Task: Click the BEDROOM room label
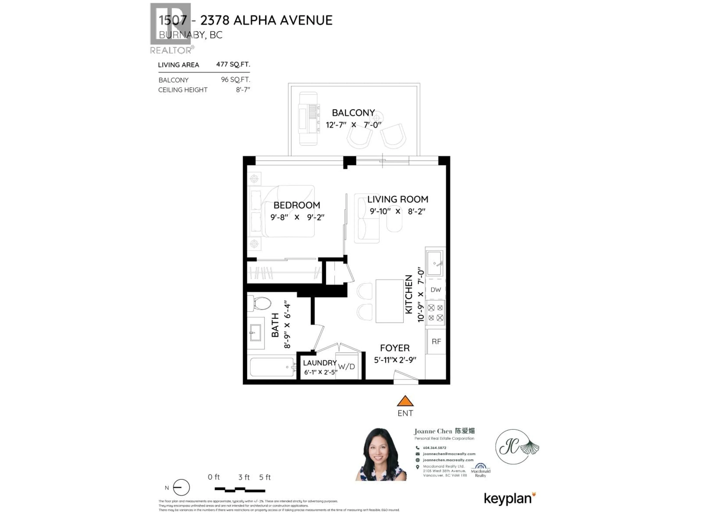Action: click(297, 205)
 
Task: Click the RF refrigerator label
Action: click(436, 342)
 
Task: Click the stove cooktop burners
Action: click(435, 313)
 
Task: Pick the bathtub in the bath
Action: click(272, 367)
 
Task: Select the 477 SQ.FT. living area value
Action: click(233, 64)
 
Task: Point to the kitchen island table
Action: click(390, 301)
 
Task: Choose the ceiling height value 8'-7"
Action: click(243, 90)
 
